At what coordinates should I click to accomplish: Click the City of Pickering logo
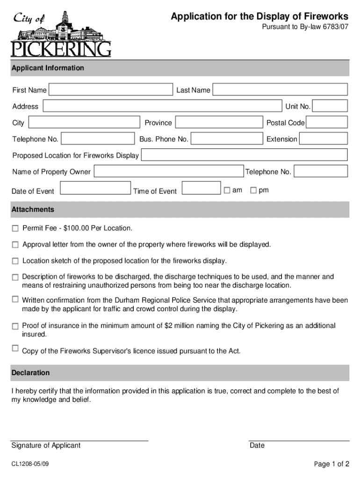(x=61, y=34)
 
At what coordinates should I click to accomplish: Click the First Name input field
(x=111, y=90)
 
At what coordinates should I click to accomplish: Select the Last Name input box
(x=280, y=90)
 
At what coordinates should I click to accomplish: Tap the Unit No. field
(x=330, y=106)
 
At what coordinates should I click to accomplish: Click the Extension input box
(x=324, y=139)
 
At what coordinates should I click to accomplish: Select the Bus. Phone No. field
(x=227, y=139)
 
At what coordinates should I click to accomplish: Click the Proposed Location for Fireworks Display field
(x=244, y=155)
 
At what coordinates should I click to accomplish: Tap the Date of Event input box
(x=96, y=188)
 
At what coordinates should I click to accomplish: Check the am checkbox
(x=227, y=190)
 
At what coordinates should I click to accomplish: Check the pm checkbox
(x=253, y=190)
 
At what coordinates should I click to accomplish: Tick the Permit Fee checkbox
(x=15, y=228)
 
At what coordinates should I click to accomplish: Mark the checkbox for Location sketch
(x=15, y=261)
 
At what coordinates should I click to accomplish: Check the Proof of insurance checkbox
(x=15, y=326)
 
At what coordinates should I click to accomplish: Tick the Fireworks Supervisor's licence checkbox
(x=15, y=348)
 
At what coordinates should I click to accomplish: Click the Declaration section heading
(x=30, y=373)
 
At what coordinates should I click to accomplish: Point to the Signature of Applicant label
(x=46, y=445)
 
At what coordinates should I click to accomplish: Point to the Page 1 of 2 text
(x=331, y=464)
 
